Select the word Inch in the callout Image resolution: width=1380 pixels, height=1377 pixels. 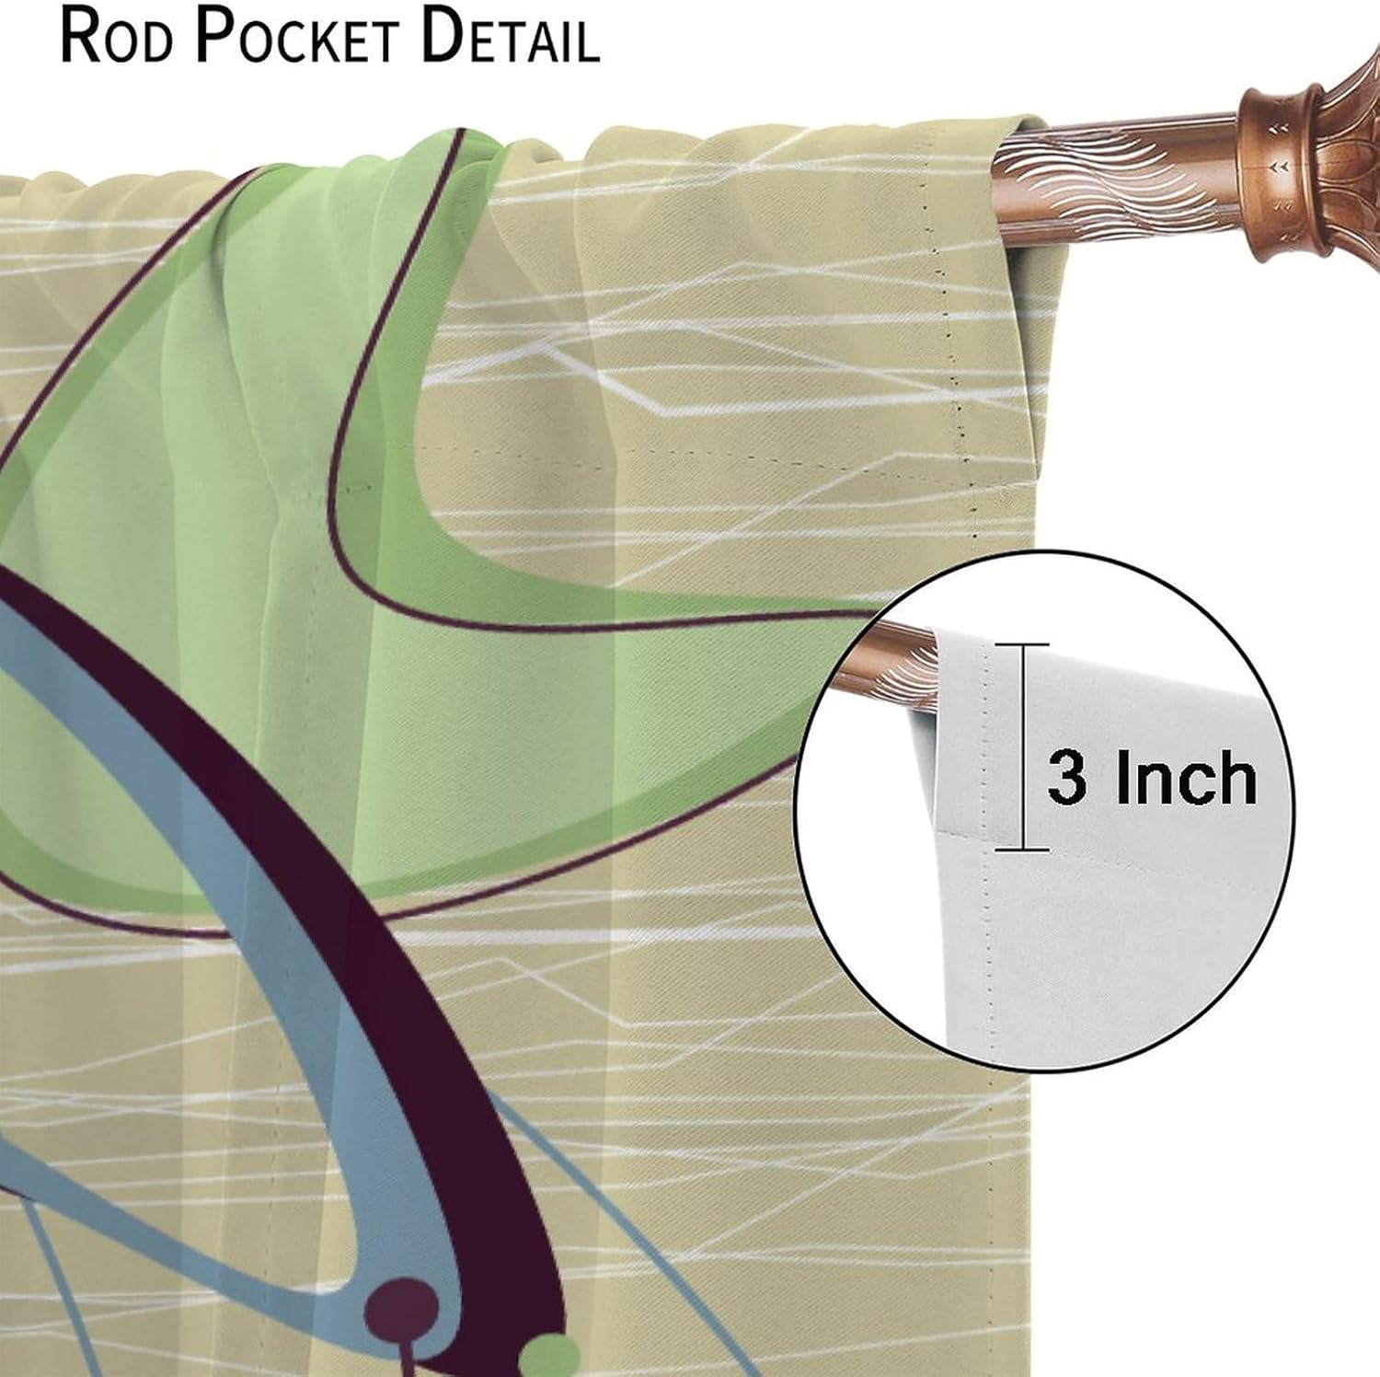click(x=1187, y=779)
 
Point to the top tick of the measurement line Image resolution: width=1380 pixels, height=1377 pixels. click(x=1021, y=644)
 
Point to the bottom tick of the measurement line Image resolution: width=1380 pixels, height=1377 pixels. click(x=1021, y=850)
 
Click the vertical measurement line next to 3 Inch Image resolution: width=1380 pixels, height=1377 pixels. click(x=1021, y=746)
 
